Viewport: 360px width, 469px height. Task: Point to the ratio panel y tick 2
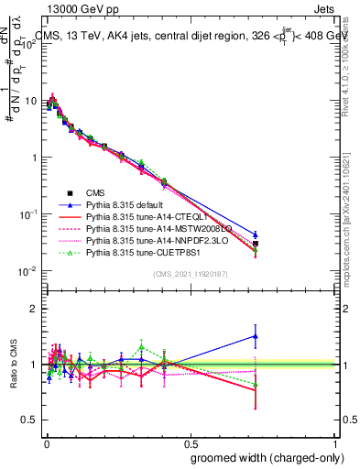(x=34, y=309)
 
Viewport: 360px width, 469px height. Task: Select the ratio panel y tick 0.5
(x=30, y=420)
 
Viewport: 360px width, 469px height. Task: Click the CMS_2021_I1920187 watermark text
(x=189, y=274)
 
